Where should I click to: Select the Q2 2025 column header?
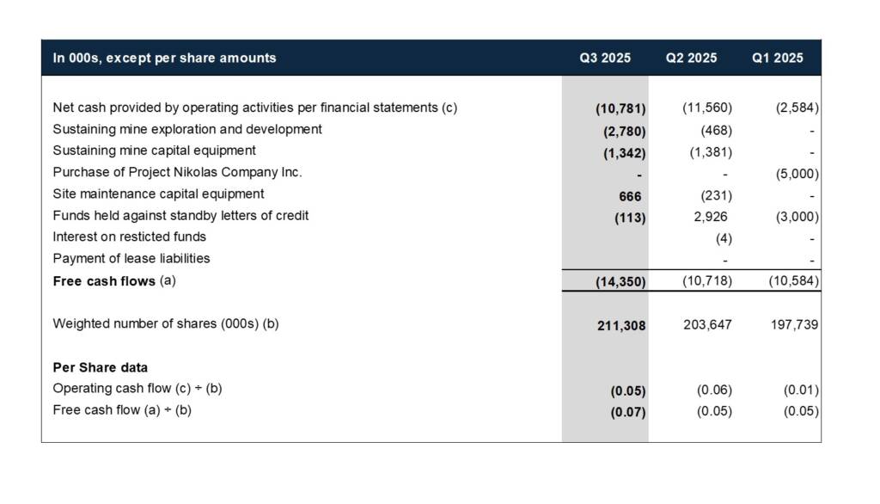(691, 58)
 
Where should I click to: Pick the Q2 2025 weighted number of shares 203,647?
(709, 325)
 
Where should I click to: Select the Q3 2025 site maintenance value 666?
(632, 196)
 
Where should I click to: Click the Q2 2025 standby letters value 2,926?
(710, 216)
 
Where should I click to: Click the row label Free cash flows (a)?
(113, 281)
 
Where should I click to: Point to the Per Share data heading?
(100, 367)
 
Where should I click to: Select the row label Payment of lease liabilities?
(131, 258)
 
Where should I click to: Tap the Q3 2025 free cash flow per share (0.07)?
(627, 411)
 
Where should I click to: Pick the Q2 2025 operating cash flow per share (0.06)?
(713, 390)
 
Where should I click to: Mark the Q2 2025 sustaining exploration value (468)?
(716, 131)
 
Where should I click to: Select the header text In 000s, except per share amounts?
(164, 58)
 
